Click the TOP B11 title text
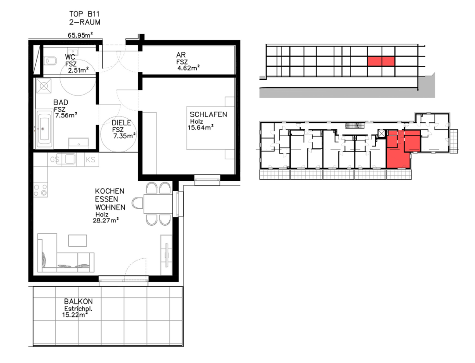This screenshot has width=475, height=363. [84, 14]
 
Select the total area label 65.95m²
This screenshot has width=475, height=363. [80, 35]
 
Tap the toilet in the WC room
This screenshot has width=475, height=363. [50, 61]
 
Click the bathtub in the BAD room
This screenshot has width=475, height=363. [44, 129]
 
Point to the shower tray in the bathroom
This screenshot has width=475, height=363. [44, 86]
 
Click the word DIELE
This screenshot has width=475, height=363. [122, 122]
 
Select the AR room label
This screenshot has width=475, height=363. [181, 55]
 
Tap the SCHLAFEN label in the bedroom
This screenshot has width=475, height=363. [208, 115]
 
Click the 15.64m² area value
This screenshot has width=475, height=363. [200, 127]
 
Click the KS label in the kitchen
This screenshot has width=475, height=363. [90, 159]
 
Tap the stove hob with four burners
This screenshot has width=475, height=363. [40, 190]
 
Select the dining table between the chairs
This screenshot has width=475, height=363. [158, 204]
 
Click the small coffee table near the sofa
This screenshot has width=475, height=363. [77, 241]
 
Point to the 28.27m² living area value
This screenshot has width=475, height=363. [105, 220]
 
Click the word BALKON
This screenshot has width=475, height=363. [78, 301]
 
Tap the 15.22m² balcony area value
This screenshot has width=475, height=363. [75, 315]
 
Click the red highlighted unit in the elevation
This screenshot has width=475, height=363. [381, 61]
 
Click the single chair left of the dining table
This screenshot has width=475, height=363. [137, 203]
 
